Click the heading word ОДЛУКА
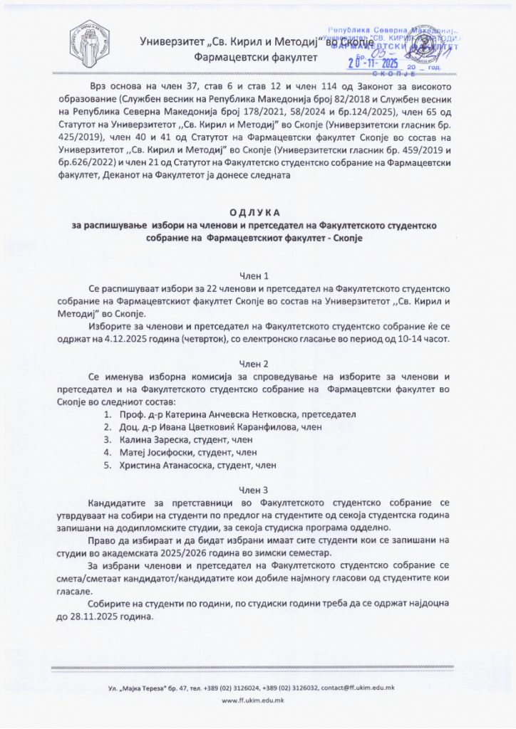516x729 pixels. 257,213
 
